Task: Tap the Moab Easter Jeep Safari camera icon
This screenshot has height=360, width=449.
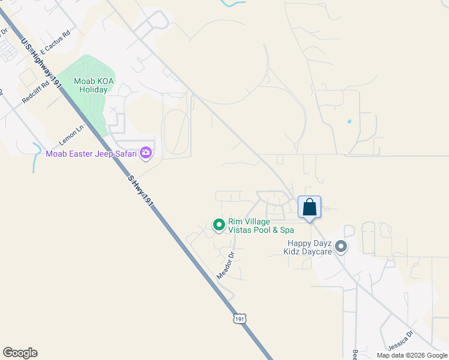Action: (146, 154)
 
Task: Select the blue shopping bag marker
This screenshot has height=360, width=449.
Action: (309, 208)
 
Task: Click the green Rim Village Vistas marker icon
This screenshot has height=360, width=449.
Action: (219, 225)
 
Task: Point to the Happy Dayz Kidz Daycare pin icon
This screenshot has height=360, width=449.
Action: (341, 247)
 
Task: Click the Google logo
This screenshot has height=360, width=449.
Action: (20, 353)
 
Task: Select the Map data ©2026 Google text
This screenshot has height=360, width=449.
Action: (412, 355)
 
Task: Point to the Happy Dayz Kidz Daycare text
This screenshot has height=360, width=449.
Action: (309, 247)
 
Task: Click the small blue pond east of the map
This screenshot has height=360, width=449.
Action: (349, 122)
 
